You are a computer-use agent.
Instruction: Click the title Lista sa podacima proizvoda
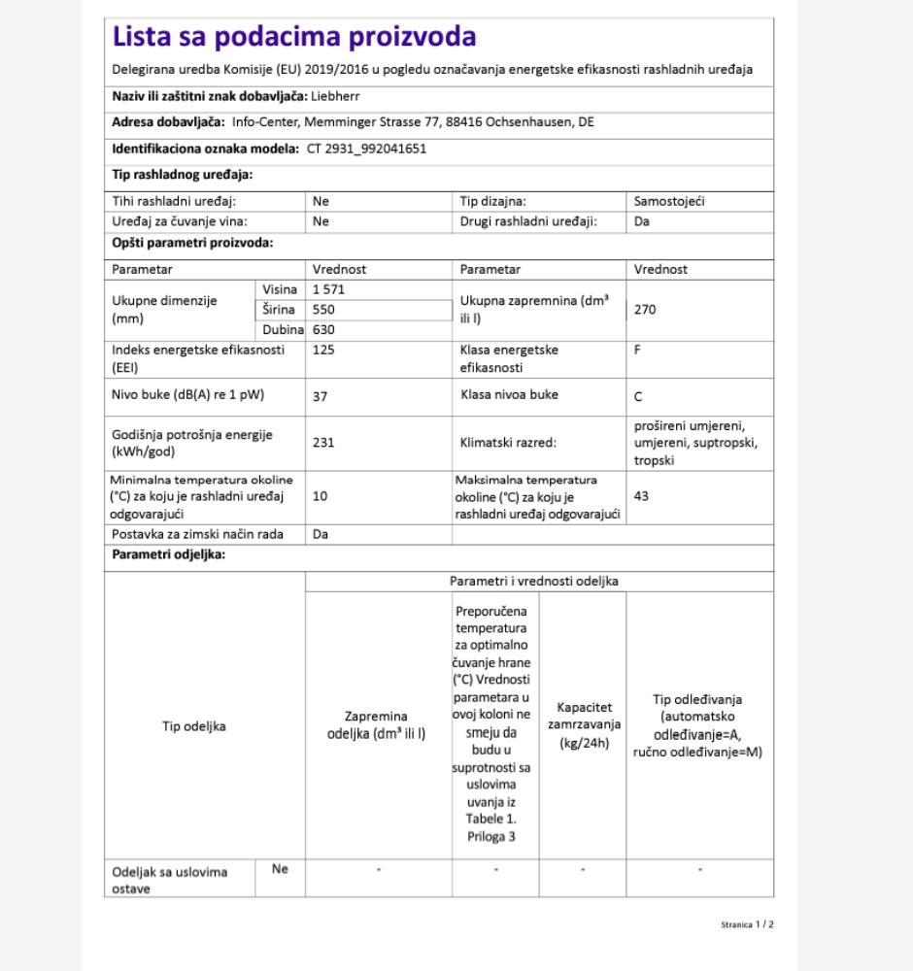pos(294,37)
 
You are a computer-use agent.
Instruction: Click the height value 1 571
pos(328,289)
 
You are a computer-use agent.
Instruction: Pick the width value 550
pos(322,310)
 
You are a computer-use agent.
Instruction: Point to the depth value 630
pos(322,330)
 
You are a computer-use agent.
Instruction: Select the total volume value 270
pos(645,310)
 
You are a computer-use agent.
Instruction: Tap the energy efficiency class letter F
pos(637,349)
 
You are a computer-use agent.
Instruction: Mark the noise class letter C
pos(638,396)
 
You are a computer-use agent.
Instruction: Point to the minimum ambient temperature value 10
pos(320,495)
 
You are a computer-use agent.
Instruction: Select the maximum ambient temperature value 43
pos(641,495)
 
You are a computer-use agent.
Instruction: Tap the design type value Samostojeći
pos(668,201)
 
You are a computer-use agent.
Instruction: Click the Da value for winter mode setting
pos(320,534)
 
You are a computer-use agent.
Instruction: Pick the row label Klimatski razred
pos(508,442)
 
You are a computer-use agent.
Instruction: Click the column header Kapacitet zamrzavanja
pos(582,725)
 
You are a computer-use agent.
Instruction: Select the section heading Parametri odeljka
pos(169,555)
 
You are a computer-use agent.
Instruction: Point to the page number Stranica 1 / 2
pos(746,924)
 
